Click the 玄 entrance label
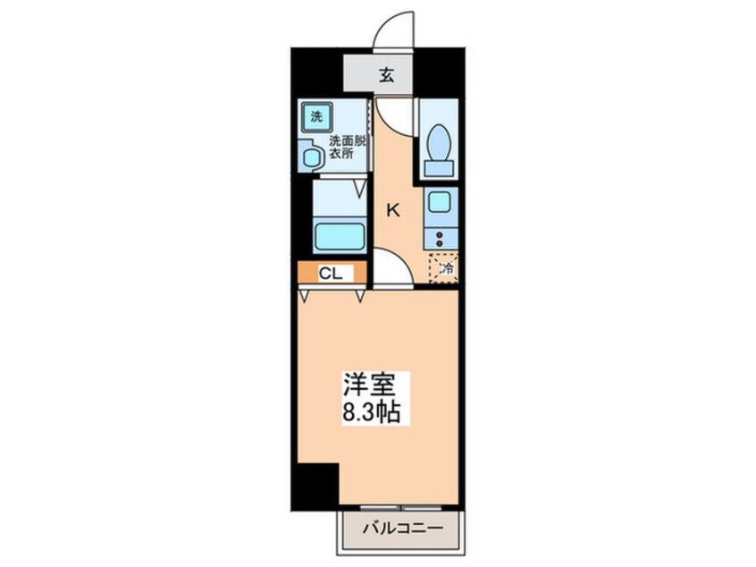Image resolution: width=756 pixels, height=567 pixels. [x=386, y=75]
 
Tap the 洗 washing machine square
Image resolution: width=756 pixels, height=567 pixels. [x=316, y=115]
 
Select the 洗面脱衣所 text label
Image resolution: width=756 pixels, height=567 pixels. [x=345, y=147]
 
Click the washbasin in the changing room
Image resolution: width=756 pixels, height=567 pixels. [x=312, y=157]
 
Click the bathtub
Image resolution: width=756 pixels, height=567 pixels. [x=340, y=237]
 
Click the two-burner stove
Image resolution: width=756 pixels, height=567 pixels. [x=439, y=237]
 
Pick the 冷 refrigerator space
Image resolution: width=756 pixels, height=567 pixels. [x=444, y=266]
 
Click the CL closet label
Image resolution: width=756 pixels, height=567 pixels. [x=329, y=274]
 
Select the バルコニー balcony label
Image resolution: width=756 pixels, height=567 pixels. [x=402, y=529]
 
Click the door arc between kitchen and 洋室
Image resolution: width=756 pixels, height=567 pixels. [x=391, y=268]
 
